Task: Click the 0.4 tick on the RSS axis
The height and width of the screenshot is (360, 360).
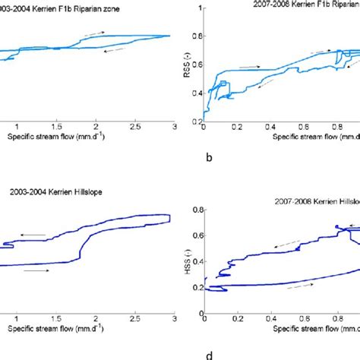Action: pos(197,93)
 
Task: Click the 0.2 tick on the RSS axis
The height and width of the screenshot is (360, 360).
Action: pos(197,121)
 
